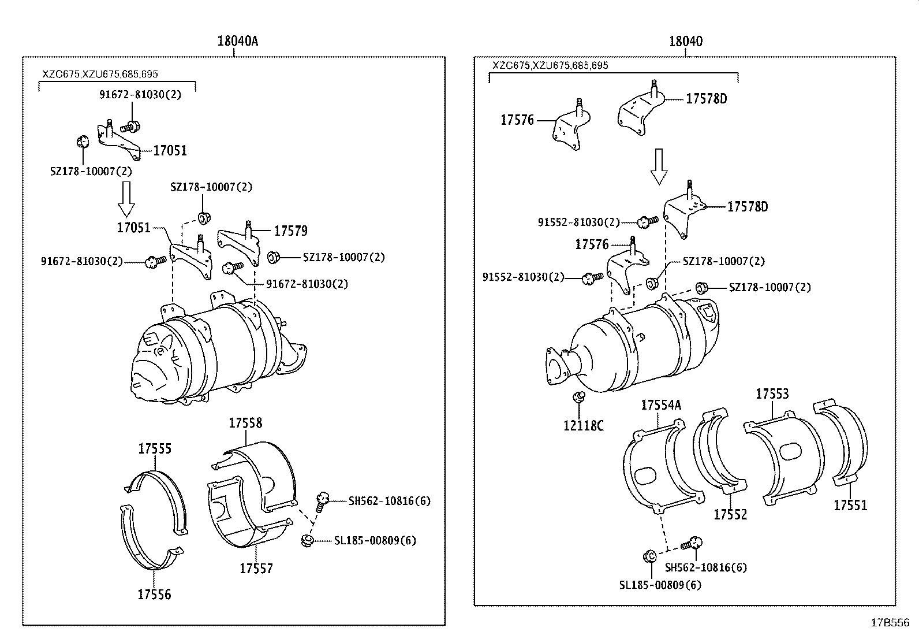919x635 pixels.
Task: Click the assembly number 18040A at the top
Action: coord(237,42)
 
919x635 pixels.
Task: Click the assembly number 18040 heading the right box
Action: coord(686,42)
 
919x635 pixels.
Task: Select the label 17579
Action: coord(290,231)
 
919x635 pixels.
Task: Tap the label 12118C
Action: coord(583,426)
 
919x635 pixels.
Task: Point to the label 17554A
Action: coord(660,405)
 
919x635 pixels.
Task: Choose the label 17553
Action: coord(772,394)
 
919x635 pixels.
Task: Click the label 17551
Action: coord(850,506)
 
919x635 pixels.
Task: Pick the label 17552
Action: coord(730,514)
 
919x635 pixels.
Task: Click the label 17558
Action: coord(245,423)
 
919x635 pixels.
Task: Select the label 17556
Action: coord(154,594)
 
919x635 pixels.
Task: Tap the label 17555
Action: coord(155,448)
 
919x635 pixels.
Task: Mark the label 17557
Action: coord(256,569)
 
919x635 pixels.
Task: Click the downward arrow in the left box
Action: coord(126,198)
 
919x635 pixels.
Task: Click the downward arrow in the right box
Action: coord(659,166)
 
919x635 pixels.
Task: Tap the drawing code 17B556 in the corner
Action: coord(890,623)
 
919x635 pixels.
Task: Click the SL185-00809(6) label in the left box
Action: coord(375,541)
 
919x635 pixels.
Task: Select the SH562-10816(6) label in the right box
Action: coord(705,567)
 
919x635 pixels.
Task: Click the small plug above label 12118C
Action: coord(577,398)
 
